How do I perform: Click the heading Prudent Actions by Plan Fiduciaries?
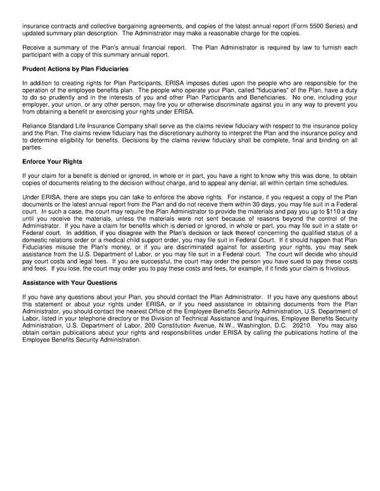pyautogui.click(x=75, y=68)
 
